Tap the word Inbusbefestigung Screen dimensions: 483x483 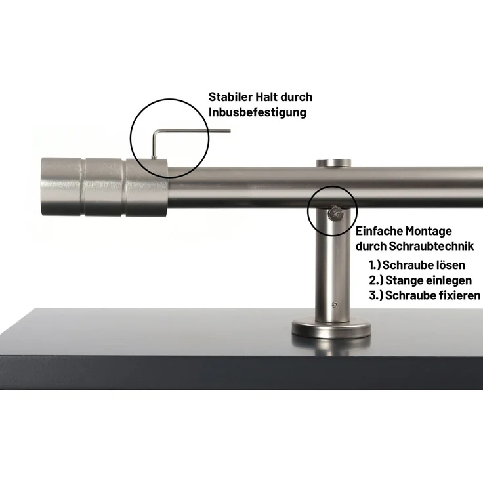coord(257,112)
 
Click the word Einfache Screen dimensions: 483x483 coord(379,231)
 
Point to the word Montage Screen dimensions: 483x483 coord(429,232)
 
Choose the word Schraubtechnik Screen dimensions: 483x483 coord(431,246)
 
